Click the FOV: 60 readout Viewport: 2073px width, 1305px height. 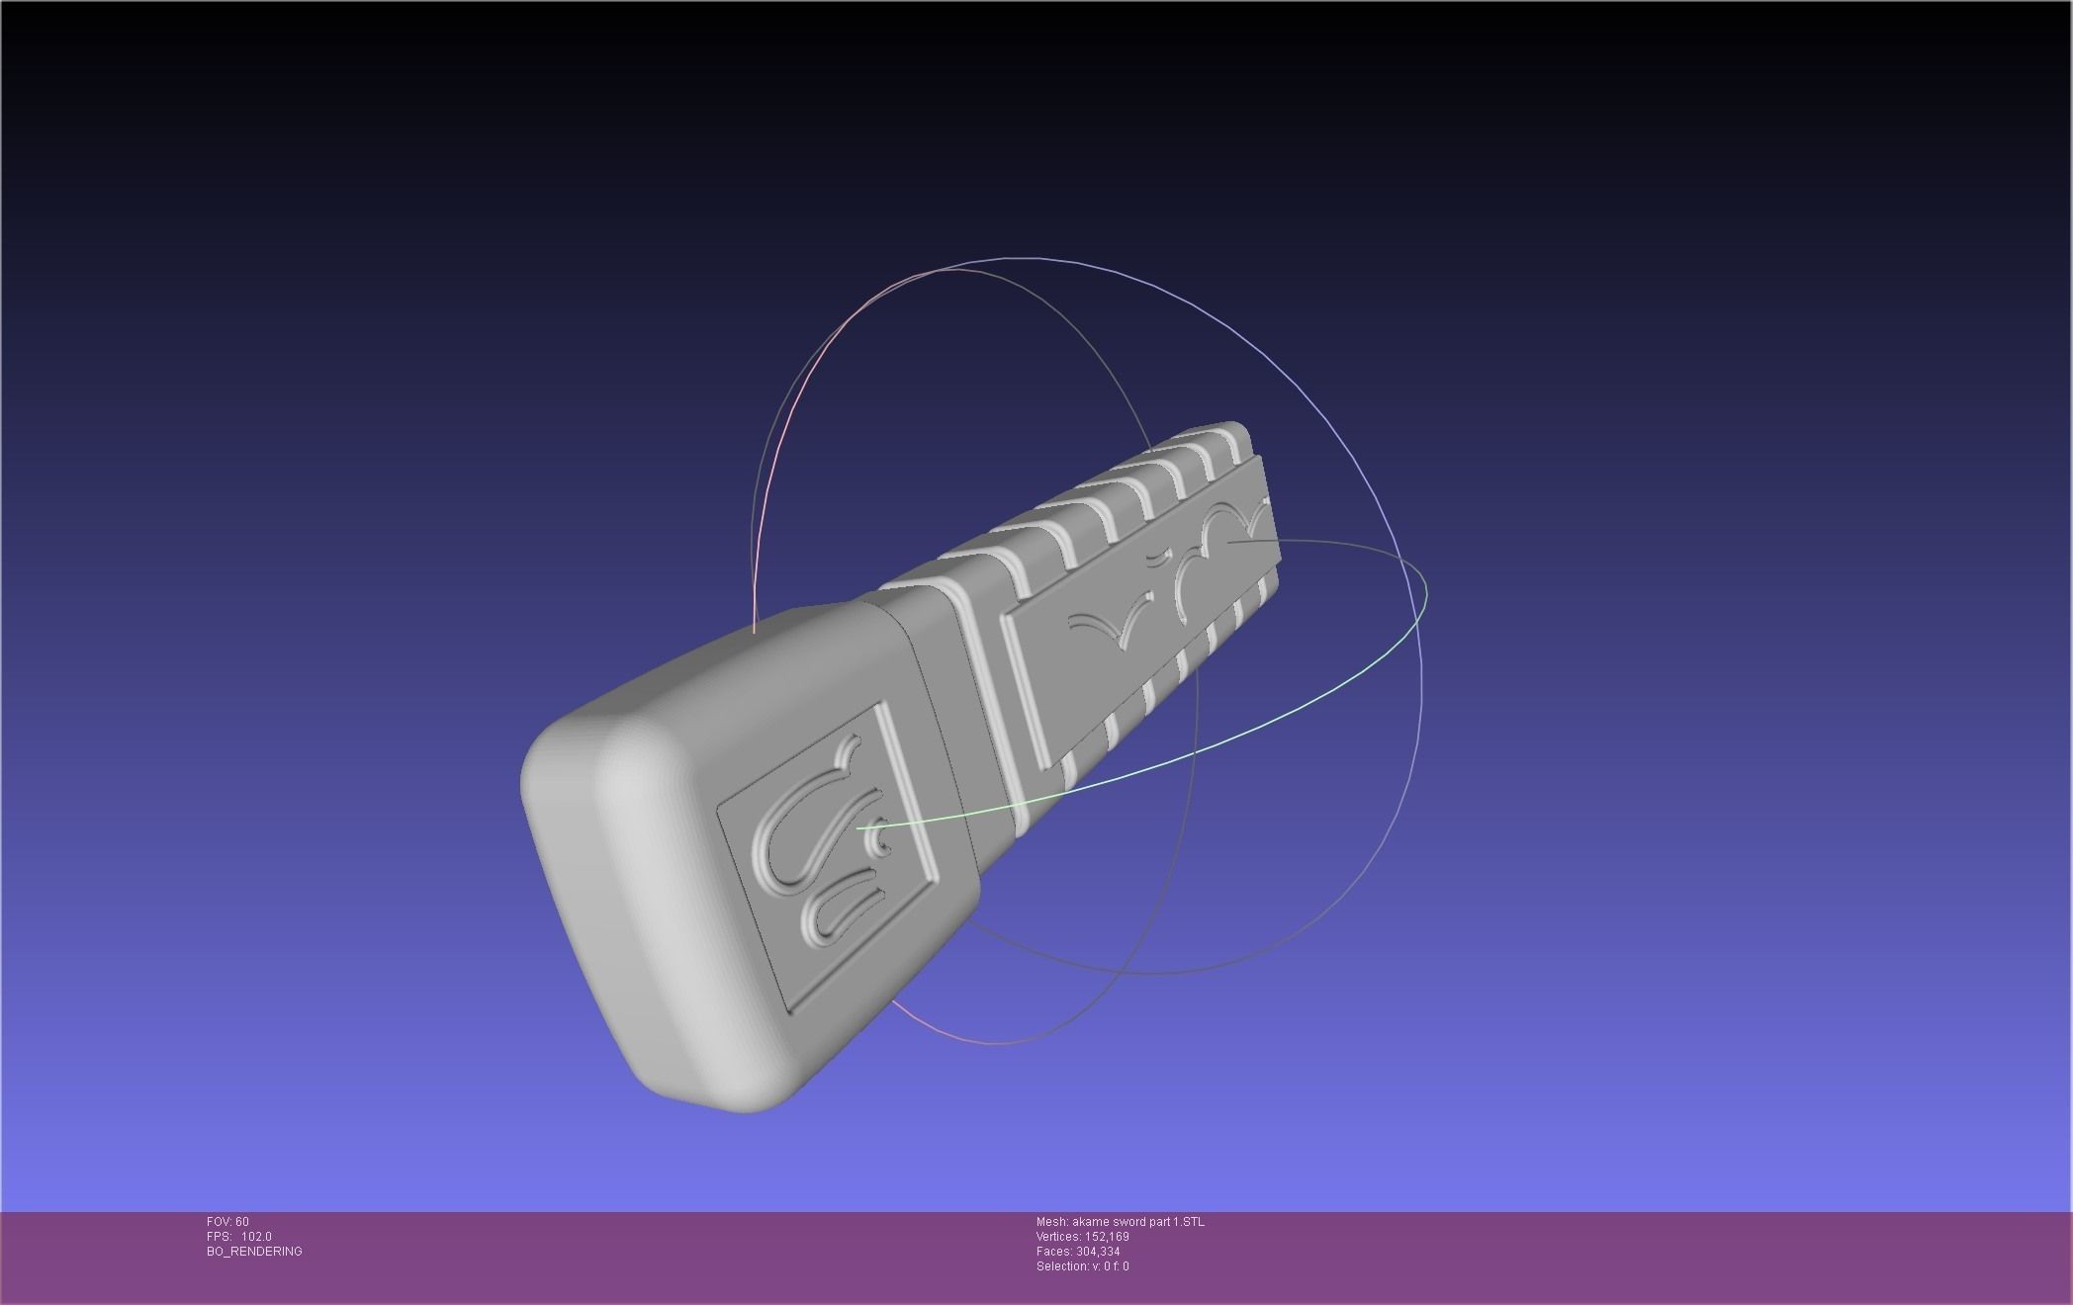tap(227, 1222)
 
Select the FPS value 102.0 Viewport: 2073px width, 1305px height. tap(256, 1237)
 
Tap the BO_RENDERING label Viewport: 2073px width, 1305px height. tap(254, 1252)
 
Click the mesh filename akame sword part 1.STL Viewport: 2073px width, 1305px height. tap(1137, 1222)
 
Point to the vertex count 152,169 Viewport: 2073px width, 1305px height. tap(1106, 1237)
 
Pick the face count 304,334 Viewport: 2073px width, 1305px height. tap(1098, 1252)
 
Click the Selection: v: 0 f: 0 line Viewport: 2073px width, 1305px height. tap(1082, 1266)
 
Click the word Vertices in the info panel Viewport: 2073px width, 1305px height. tap(1057, 1237)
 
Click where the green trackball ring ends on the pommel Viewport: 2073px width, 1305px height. tap(858, 827)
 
